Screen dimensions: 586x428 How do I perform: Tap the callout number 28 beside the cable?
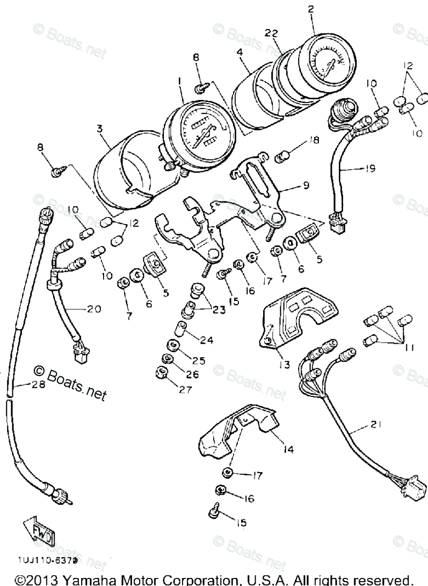tap(22, 385)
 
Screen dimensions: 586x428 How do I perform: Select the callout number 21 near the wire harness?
tap(374, 424)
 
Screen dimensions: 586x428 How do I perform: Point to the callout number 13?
tap(284, 364)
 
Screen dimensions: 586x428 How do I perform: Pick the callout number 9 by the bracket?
tap(305, 187)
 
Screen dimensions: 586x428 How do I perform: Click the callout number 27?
tap(186, 390)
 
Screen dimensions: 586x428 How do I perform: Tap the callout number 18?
tap(314, 140)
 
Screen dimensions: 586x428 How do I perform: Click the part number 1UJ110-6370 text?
tap(48, 559)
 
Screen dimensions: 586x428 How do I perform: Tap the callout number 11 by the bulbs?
tap(409, 348)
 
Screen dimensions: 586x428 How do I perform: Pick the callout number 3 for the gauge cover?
tap(100, 129)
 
